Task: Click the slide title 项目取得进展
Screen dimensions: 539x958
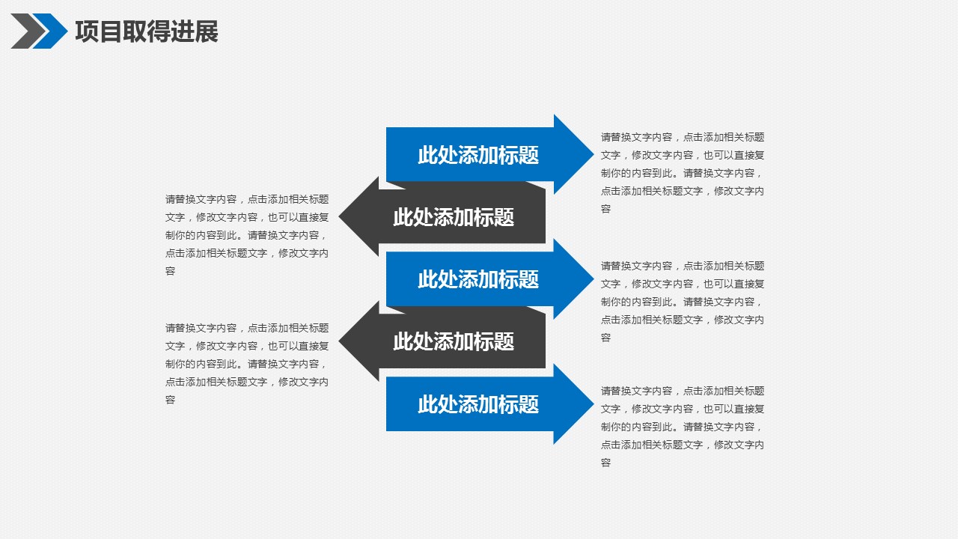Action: click(x=147, y=32)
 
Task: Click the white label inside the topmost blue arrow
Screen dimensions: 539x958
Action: click(x=478, y=155)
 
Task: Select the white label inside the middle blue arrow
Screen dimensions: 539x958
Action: click(x=478, y=279)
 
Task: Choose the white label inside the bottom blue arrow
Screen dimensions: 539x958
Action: click(x=478, y=404)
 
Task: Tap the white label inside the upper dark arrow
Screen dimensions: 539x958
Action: click(x=454, y=217)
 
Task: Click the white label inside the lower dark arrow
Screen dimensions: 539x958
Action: click(x=454, y=341)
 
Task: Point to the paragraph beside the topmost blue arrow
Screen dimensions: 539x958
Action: click(x=682, y=173)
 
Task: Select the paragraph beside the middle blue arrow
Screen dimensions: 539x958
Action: click(x=682, y=302)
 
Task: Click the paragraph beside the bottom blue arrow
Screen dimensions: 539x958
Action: click(x=682, y=427)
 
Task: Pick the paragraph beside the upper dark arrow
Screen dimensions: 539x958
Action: click(x=246, y=235)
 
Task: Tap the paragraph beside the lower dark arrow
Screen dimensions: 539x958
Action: click(x=246, y=364)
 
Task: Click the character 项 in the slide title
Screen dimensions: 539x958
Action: click(x=87, y=32)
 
